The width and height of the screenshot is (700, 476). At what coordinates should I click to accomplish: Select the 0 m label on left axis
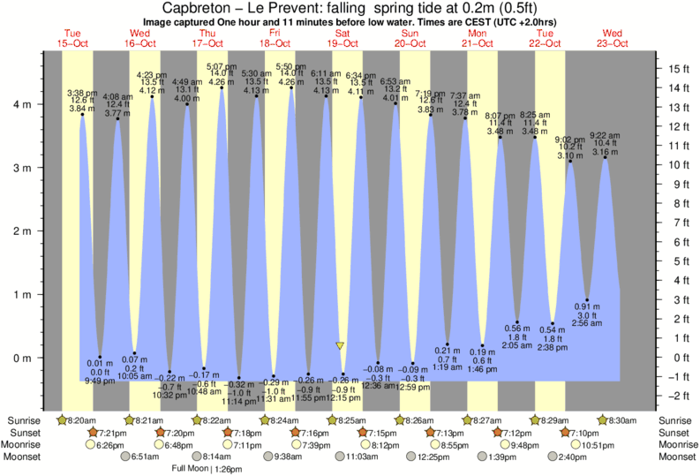tap(26, 358)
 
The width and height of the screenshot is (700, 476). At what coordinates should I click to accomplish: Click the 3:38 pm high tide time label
tap(82, 93)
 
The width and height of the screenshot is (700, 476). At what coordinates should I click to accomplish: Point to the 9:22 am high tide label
tap(605, 134)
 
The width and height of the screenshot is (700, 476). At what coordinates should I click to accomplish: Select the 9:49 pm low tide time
tap(99, 382)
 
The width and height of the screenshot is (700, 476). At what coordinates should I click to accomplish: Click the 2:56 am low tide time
tap(587, 324)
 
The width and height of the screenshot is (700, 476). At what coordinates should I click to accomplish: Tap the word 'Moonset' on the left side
tap(26, 457)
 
